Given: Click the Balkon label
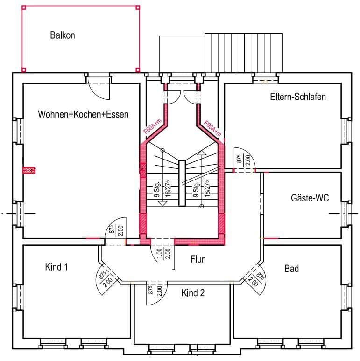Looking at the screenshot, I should tap(63, 35).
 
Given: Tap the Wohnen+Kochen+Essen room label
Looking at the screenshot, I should tap(83, 114).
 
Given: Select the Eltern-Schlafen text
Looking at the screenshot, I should tap(297, 97).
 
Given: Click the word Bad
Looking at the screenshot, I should tap(291, 269).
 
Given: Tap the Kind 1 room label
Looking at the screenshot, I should tap(56, 267).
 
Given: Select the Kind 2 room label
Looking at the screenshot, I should tap(193, 293).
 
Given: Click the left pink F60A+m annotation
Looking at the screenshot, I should tap(152, 127).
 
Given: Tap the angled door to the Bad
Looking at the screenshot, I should tap(256, 278).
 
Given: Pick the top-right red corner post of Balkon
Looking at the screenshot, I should tap(138, 7).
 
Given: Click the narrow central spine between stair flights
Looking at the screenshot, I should tap(183, 183).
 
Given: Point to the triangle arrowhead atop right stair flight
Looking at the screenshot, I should tap(201, 153).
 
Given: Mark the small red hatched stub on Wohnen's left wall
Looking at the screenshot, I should tap(30, 170).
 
